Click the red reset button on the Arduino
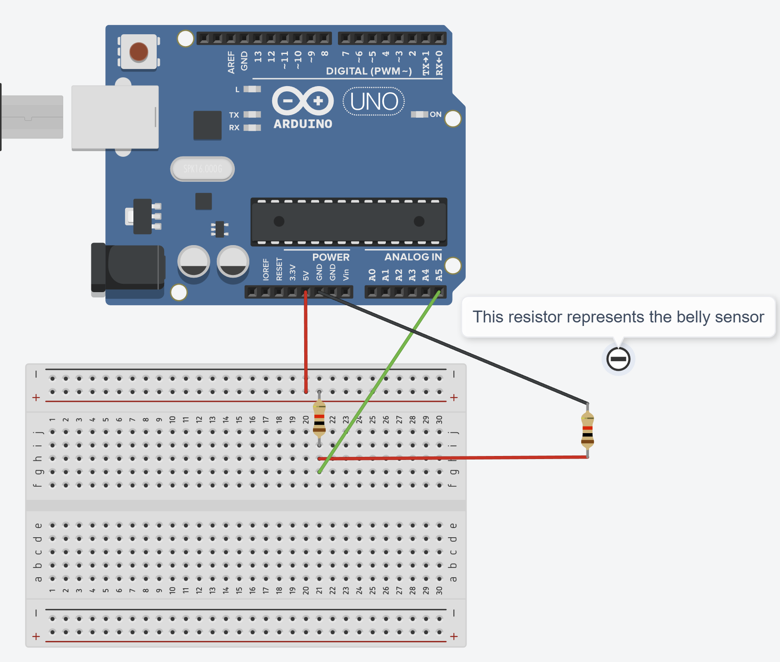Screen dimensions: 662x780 tap(139, 52)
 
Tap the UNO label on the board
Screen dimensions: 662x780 tap(374, 101)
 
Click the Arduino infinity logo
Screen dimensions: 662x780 tap(303, 101)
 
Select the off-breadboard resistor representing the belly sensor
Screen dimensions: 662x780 tap(587, 430)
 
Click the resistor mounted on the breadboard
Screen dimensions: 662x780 tap(319, 419)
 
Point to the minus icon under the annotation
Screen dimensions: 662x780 tap(618, 359)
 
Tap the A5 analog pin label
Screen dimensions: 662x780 tap(439, 275)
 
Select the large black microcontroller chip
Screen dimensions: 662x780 tap(349, 221)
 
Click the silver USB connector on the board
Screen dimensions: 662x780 tap(115, 117)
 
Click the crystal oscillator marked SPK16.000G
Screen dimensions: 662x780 tap(202, 169)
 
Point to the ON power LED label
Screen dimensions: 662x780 tap(435, 114)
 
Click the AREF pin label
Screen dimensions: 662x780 tap(231, 62)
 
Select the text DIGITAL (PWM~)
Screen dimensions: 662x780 tap(369, 71)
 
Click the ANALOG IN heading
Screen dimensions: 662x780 tap(413, 257)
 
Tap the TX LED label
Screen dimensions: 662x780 tap(234, 115)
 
